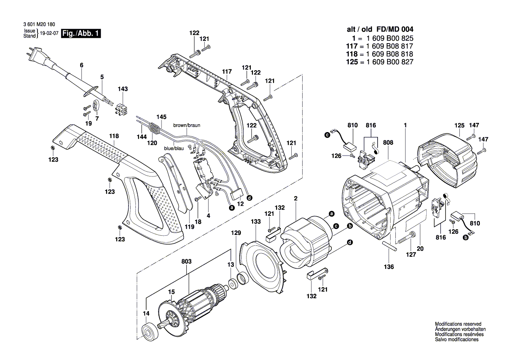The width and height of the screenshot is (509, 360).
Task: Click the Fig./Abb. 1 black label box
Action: pyautogui.click(x=81, y=34)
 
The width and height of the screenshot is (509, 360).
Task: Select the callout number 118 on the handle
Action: pyautogui.click(x=114, y=136)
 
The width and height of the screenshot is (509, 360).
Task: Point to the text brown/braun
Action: pyautogui.click(x=186, y=125)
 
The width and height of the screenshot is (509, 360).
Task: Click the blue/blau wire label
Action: pyautogui.click(x=174, y=149)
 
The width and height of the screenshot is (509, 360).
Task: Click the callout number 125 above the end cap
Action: pyautogui.click(x=459, y=126)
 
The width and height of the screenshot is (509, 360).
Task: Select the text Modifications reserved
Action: pyautogui.click(x=458, y=324)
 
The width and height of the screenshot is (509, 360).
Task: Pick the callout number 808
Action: pyautogui.click(x=388, y=142)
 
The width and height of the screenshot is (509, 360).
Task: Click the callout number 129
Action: pyautogui.click(x=236, y=234)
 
